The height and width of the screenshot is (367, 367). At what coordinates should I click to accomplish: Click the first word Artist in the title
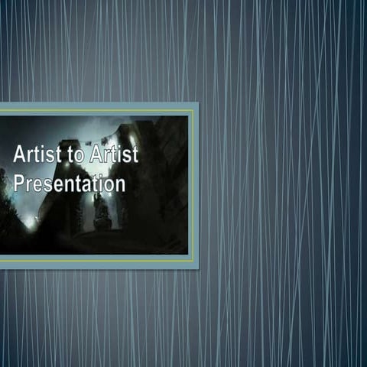pos(35,154)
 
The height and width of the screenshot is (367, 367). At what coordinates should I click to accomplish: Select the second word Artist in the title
pos(113,154)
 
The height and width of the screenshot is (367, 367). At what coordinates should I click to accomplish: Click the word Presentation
pos(69,183)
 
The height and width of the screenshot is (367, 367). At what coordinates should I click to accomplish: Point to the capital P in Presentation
pos(19,183)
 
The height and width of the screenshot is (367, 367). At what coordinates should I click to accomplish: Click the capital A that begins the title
pos(19,154)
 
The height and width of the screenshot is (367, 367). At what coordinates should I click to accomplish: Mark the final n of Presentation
pos(119,185)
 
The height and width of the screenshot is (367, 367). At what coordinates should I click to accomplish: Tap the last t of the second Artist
pos(135,154)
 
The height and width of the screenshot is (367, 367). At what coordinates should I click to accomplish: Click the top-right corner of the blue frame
pos(197,103)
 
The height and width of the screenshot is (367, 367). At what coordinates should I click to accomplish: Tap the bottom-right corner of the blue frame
pos(197,268)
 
